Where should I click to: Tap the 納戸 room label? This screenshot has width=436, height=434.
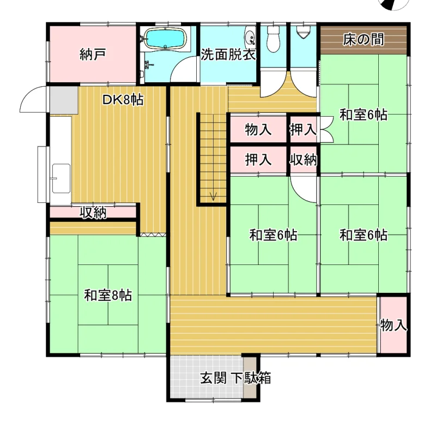click(93, 55)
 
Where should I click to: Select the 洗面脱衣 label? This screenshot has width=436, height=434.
click(228, 55)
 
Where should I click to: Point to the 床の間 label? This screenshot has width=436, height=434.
click(364, 40)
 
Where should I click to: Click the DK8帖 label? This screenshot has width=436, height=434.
click(123, 100)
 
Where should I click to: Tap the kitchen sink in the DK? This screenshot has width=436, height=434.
click(61, 178)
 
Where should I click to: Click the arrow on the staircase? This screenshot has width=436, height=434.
click(213, 196)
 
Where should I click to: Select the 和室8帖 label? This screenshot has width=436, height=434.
click(108, 295)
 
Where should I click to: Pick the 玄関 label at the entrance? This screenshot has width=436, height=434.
click(214, 378)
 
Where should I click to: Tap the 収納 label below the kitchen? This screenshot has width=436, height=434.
click(93, 213)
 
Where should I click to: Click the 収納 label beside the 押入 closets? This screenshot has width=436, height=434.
click(304, 160)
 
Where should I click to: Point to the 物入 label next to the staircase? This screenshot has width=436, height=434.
click(258, 130)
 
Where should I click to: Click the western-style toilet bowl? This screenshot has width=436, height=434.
click(273, 39)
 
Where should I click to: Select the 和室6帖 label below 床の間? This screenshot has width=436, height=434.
click(364, 115)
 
